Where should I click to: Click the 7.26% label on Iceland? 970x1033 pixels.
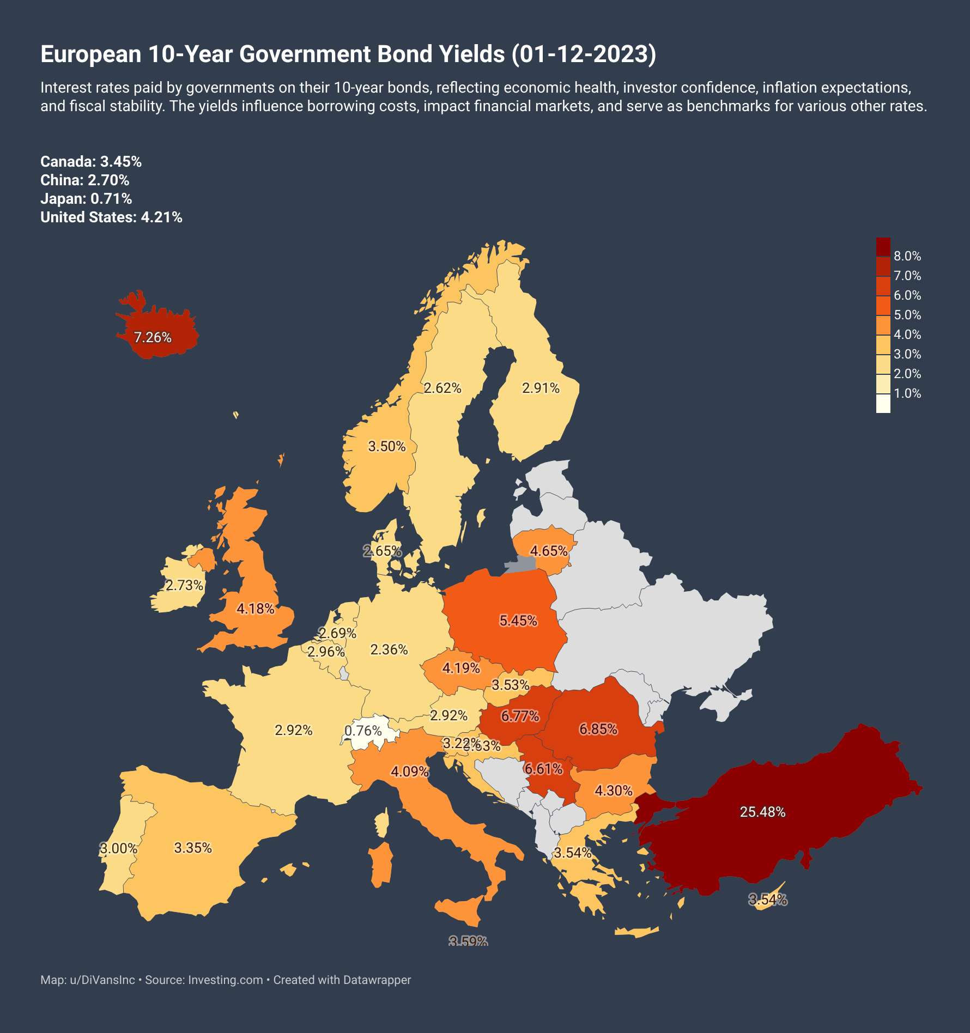point(153,338)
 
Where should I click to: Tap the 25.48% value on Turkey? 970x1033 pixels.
point(762,812)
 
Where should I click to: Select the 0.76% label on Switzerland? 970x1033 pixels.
point(363,731)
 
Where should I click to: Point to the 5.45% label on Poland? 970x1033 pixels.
point(518,621)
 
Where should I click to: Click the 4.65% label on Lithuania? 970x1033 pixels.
point(549,551)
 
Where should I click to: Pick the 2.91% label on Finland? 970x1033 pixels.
point(541,388)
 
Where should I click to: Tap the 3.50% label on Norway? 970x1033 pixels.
point(387,447)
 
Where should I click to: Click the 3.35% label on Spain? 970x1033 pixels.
point(193,848)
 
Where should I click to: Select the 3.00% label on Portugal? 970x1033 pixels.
point(118,849)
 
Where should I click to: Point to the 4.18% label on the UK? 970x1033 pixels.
point(255,609)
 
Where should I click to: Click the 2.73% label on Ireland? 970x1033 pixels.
point(184,586)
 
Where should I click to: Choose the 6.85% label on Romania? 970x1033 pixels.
point(598,729)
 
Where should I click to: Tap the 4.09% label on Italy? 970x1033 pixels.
point(409,771)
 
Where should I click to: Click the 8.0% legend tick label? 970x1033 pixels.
point(907,256)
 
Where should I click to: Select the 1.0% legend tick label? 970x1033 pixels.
point(907,393)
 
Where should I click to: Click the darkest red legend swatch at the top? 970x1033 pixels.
point(883,246)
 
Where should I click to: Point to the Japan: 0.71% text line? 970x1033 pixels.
point(86,199)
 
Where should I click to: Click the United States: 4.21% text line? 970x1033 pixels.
point(111,217)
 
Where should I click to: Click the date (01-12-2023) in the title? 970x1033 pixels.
point(584,54)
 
